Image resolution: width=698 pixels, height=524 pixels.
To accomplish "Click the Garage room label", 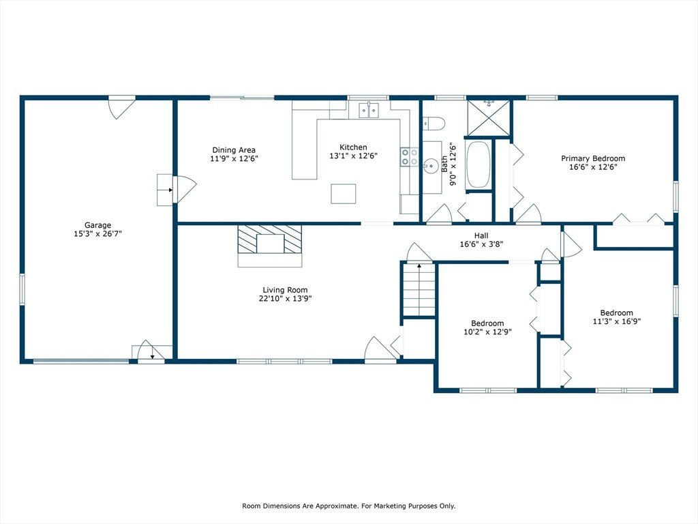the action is [x=98, y=225].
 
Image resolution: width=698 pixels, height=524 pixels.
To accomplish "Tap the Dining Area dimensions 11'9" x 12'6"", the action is [x=234, y=158].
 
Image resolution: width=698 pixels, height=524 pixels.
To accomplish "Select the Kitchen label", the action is [x=354, y=147].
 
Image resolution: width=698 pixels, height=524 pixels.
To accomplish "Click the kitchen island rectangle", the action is [x=344, y=194].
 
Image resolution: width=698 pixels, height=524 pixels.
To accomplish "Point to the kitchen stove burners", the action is [x=410, y=157].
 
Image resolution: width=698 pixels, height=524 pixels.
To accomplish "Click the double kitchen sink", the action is [x=369, y=110].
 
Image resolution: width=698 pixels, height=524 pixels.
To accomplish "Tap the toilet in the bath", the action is [x=434, y=123].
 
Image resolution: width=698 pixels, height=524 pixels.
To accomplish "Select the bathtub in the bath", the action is [x=478, y=164].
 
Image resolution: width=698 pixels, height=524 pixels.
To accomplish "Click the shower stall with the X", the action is [x=489, y=117].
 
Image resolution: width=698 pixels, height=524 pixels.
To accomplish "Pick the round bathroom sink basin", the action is [x=431, y=166].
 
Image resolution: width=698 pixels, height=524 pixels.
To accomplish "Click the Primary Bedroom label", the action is [x=593, y=158].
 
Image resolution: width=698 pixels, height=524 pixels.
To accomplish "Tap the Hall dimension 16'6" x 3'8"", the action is [x=481, y=244].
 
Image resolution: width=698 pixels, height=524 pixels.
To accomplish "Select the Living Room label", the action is [x=285, y=290].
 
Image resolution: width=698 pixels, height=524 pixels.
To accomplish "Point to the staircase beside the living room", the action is [x=419, y=289].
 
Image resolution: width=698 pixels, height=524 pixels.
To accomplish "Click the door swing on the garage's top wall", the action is [x=121, y=108].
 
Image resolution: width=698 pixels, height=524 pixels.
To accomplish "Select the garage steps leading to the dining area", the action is [x=165, y=190].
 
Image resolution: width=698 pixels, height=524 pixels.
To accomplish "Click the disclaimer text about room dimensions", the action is [x=348, y=506].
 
